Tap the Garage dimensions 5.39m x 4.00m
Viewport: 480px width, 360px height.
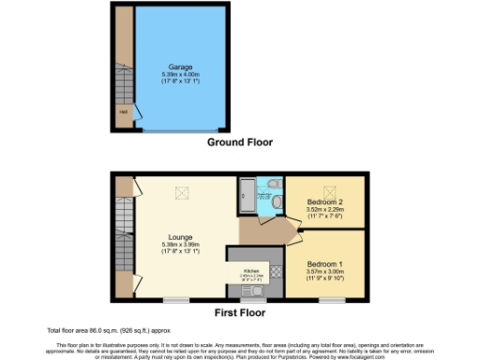coord(181,75)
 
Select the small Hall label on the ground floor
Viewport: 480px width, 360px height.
coord(122,112)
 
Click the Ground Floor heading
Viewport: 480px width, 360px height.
coord(240,142)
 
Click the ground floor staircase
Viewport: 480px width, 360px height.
coord(121,75)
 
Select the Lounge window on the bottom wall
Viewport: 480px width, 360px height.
coord(174,301)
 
